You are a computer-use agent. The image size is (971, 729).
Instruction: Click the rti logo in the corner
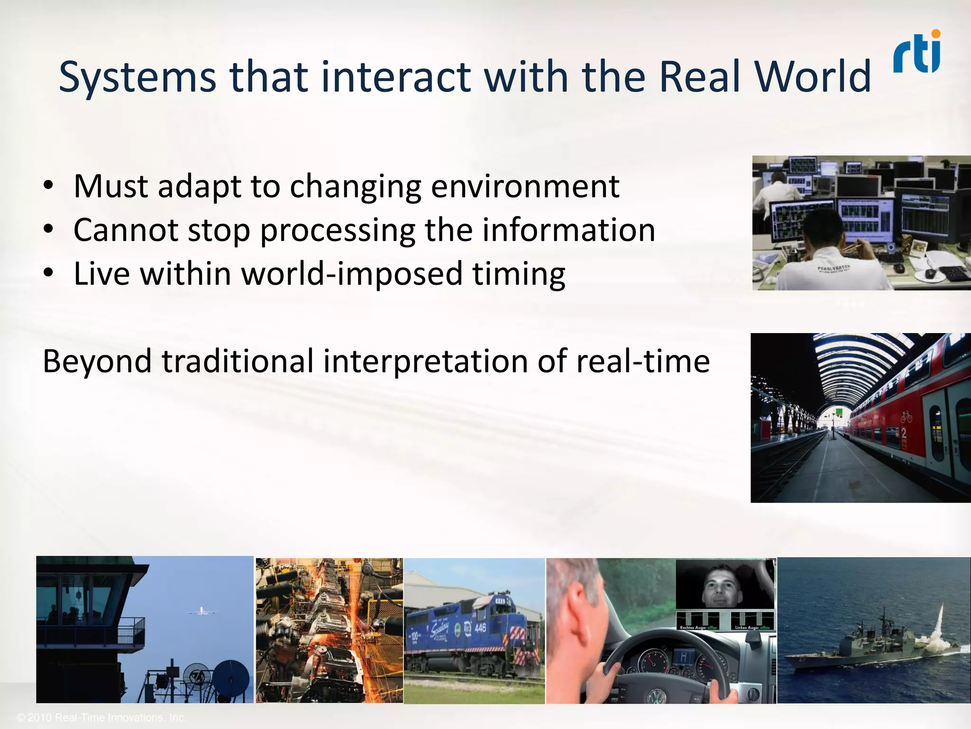tap(917, 52)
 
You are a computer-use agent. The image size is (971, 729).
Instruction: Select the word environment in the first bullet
tap(525, 186)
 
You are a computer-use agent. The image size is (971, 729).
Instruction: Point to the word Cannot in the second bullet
tap(126, 230)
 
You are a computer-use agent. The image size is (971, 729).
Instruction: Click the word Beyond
tap(97, 361)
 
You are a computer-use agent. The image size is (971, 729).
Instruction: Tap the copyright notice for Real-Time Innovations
tap(101, 718)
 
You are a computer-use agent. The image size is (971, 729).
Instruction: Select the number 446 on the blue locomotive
tap(480, 628)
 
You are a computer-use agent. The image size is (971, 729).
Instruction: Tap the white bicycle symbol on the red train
tap(906, 417)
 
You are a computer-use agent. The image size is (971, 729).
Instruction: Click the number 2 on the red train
tap(904, 433)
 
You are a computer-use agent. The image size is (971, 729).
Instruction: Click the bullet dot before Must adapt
tap(48, 186)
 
